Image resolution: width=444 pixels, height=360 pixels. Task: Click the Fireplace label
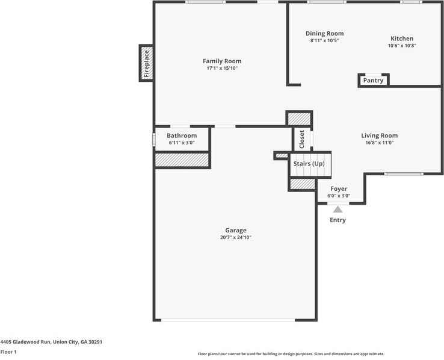(x=146, y=63)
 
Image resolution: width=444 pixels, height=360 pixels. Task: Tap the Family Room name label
(x=221, y=61)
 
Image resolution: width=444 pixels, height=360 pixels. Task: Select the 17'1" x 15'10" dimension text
(x=221, y=69)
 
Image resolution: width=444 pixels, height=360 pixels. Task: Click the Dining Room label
(x=324, y=34)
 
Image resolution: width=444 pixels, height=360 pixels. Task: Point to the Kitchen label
(x=402, y=39)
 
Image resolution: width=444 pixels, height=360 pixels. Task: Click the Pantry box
(x=373, y=80)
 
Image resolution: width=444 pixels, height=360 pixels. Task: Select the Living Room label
(x=379, y=135)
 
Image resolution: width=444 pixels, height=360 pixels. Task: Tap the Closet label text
(x=302, y=139)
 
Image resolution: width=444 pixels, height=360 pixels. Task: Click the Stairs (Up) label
(x=309, y=164)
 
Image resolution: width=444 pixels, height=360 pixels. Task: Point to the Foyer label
(x=339, y=188)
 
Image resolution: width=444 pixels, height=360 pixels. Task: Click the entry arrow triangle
(x=338, y=209)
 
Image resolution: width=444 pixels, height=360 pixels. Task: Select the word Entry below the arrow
(x=338, y=220)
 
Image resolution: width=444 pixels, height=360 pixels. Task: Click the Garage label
(x=235, y=231)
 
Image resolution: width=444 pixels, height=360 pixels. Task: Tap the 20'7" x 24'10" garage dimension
(x=235, y=238)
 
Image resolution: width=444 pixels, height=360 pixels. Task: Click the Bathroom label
(x=182, y=136)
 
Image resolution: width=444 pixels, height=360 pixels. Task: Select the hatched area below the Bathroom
(x=182, y=160)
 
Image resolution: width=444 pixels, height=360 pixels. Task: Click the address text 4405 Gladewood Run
(x=51, y=342)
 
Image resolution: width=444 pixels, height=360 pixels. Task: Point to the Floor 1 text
(x=8, y=352)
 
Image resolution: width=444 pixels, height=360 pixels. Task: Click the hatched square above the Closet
(x=298, y=119)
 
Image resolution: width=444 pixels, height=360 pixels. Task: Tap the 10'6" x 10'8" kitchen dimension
(x=402, y=46)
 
